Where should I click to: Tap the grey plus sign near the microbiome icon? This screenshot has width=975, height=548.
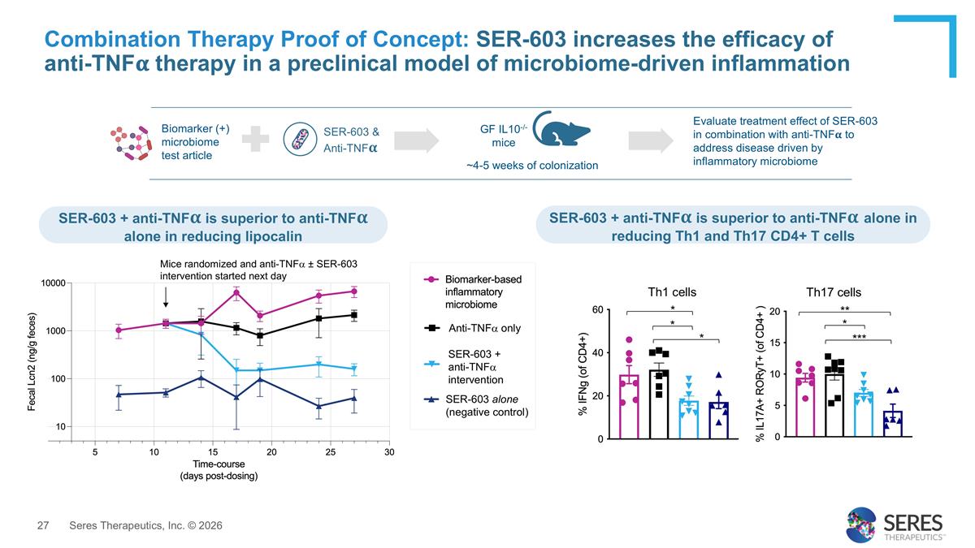click(255, 139)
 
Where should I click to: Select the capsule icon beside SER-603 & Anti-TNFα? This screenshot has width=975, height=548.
click(300, 138)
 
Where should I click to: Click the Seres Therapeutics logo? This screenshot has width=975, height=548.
click(894, 524)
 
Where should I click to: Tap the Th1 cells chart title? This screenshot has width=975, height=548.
click(671, 292)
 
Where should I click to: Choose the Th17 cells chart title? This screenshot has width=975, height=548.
click(834, 292)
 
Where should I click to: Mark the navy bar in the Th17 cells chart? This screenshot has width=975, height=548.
click(892, 424)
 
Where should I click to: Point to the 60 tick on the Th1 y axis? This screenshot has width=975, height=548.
click(596, 310)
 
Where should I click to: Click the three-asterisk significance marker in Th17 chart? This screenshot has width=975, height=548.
click(859, 336)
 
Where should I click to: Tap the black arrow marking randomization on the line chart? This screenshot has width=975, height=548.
click(166, 296)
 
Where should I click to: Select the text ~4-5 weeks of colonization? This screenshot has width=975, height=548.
click(532, 166)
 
